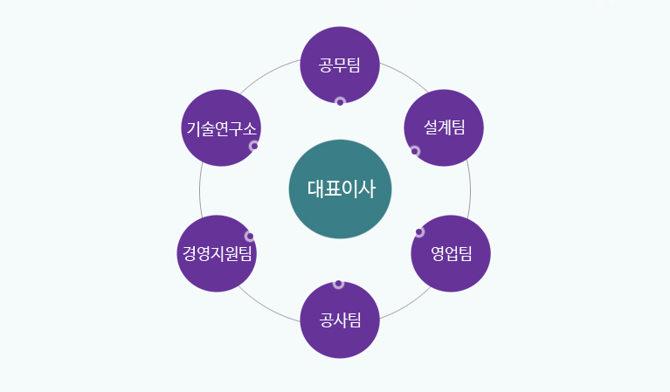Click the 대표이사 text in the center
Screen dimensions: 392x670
[x=341, y=189]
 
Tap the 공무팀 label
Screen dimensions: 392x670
[x=340, y=65]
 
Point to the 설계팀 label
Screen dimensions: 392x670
[x=444, y=127]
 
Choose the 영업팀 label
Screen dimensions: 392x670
[x=451, y=253]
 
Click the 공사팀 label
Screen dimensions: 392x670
[x=340, y=320]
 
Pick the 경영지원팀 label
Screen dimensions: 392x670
[x=217, y=253]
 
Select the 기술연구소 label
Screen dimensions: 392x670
[x=222, y=127]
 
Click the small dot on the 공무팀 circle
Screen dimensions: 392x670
[x=341, y=102]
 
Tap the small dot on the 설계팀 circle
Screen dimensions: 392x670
[x=415, y=151]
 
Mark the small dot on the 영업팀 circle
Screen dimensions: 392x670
[x=419, y=231]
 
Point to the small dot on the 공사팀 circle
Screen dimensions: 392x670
[x=339, y=284]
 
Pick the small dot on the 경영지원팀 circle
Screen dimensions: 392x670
[x=250, y=236]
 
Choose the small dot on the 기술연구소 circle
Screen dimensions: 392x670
[x=254, y=146]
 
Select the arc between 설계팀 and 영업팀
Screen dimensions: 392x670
[x=471, y=189]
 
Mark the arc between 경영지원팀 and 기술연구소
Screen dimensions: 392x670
[x=200, y=189]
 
